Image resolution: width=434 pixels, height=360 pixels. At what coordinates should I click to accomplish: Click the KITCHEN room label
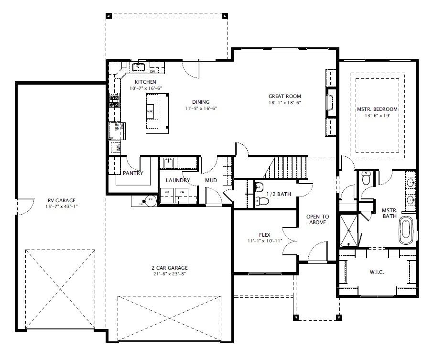pos(145,82)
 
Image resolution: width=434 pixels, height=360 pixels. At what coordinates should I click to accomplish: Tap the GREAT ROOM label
pos(284,96)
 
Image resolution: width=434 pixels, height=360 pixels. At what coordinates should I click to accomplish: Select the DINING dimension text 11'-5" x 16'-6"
pos(201,109)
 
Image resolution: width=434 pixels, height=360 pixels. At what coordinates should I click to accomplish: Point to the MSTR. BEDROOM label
pos(377,109)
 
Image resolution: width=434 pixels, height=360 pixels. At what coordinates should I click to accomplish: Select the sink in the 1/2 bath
pos(259,186)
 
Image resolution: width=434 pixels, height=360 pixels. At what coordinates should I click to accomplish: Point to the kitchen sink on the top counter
pos(139,67)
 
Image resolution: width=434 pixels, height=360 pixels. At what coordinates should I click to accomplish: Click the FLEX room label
pos(264,235)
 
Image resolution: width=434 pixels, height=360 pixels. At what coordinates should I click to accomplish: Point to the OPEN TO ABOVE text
pos(318,219)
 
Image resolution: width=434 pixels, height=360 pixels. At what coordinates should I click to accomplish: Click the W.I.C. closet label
pos(377,272)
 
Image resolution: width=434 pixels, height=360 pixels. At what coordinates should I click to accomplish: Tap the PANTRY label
pos(132,173)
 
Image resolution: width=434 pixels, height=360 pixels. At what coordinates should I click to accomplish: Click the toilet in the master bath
pos(367,179)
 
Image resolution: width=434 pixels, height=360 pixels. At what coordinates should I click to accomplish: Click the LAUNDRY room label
pos(178,180)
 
